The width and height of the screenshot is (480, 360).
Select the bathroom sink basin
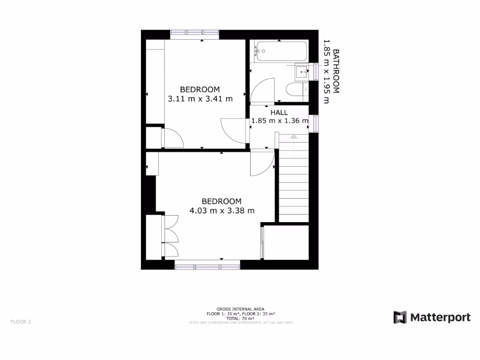(x=302, y=71)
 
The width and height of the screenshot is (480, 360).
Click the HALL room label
(x=279, y=112)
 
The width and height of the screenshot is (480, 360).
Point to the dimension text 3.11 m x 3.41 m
(x=200, y=98)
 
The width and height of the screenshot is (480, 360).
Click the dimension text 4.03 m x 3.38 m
(x=222, y=210)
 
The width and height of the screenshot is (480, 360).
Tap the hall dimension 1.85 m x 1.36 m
(x=280, y=120)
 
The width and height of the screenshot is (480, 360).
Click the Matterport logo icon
(x=400, y=317)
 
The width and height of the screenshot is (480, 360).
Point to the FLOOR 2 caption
(x=21, y=322)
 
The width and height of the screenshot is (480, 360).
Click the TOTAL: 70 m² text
(x=240, y=318)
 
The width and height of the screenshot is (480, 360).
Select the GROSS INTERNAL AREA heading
(x=240, y=309)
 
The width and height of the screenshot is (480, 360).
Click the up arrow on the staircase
(x=293, y=136)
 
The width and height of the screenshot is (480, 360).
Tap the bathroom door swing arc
(x=262, y=89)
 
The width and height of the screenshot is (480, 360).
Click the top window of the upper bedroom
(x=195, y=33)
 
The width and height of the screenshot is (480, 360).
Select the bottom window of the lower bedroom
(x=207, y=267)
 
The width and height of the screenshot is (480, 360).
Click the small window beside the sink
(x=315, y=71)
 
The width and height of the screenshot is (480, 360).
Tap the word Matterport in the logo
(x=440, y=317)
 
